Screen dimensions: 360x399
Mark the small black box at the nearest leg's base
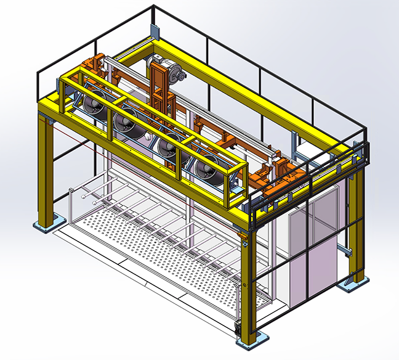point(238,328)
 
